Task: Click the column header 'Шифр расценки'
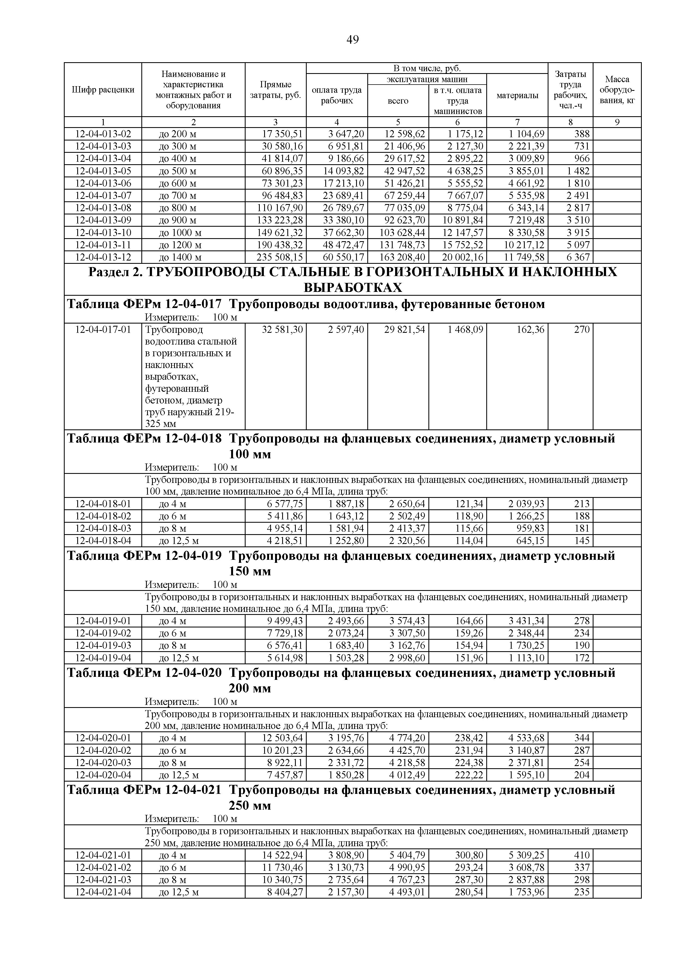click(x=103, y=89)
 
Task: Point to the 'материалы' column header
click(x=517, y=95)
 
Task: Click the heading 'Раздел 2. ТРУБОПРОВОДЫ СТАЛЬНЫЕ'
click(x=352, y=272)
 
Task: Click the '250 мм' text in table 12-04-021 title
click(x=250, y=805)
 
